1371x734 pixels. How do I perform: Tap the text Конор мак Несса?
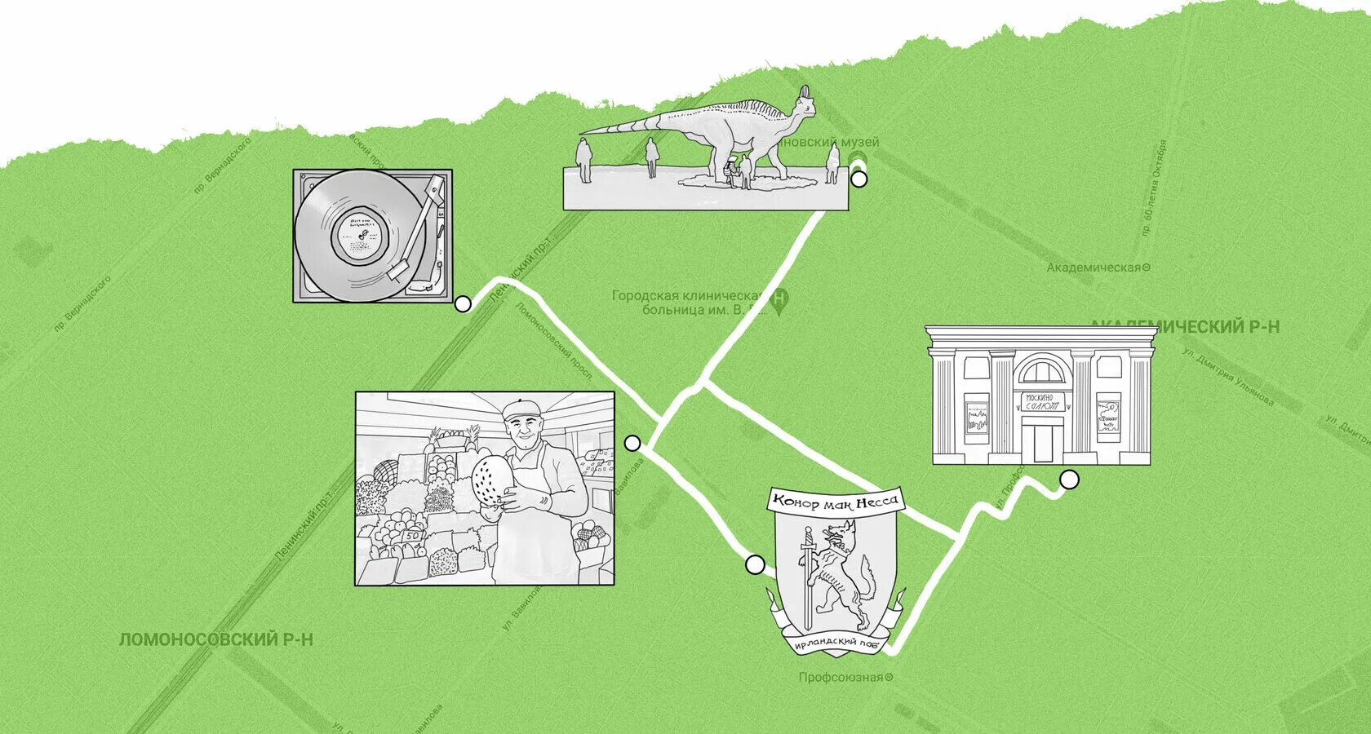click(836, 501)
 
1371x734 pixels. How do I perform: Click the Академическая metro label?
click(1098, 268)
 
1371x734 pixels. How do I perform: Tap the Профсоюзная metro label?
click(845, 677)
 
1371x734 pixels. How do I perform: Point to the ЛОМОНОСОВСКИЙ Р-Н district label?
click(215, 639)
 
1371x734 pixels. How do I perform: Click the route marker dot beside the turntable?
click(463, 304)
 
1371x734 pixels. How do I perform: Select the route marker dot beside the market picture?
click(632, 443)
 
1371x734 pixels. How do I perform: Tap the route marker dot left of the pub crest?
click(755, 564)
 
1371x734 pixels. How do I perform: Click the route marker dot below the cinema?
click(1069, 480)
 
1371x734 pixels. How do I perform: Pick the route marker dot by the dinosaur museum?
click(859, 179)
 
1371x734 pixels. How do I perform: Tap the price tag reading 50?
click(413, 535)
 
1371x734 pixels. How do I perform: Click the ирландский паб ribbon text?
click(836, 643)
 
